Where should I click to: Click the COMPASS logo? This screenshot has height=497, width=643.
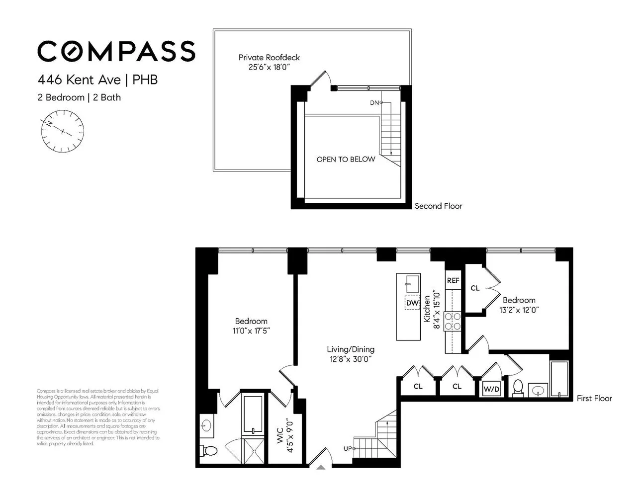point(116,51)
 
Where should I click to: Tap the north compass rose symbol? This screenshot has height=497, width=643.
point(63,132)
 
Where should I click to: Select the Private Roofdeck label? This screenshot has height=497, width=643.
point(269,58)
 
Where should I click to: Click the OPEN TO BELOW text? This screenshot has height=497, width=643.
point(346,160)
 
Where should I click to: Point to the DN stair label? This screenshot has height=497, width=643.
point(374,103)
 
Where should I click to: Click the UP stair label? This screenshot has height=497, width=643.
point(348,449)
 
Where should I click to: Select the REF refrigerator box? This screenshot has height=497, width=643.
point(453,281)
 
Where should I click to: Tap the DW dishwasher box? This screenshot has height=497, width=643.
point(412,303)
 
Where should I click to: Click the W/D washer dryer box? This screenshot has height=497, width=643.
point(491,390)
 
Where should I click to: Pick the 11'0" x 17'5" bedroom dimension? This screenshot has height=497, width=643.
point(252,331)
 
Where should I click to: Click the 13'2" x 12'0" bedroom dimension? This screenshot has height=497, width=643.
point(519,309)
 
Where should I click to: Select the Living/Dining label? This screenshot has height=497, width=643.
point(351,349)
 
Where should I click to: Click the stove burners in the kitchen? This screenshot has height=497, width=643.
point(453,321)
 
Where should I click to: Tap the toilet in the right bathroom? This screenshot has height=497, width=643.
point(518,388)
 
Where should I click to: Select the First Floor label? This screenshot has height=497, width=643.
point(594,398)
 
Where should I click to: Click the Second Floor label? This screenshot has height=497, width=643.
point(438,206)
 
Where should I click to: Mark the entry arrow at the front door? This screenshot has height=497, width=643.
point(321,467)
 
